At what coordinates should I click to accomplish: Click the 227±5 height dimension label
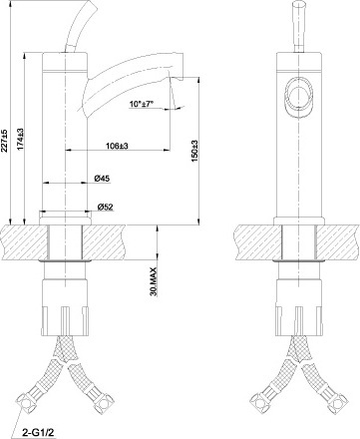coord(5,141)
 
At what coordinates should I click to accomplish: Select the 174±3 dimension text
coord(20,139)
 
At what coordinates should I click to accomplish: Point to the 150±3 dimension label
coord(194,152)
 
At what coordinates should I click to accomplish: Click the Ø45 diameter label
coord(102,179)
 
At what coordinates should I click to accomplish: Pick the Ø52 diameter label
coord(106,207)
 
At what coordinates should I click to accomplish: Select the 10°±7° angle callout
coord(142,104)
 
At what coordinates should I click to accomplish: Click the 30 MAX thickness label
coord(154,281)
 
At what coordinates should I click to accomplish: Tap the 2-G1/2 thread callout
coord(38,433)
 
